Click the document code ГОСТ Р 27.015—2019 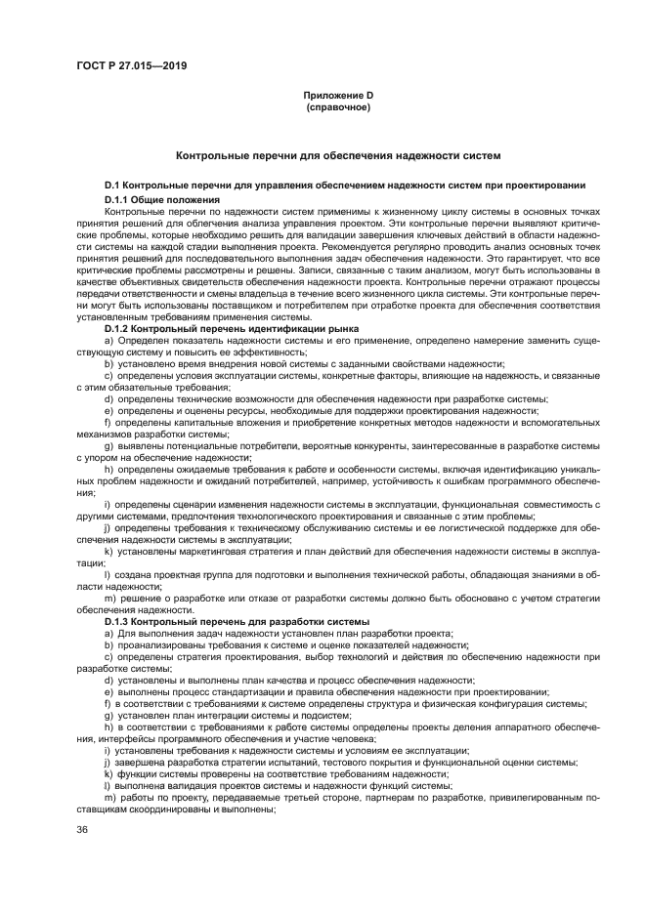click(131, 66)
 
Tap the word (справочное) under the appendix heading click(338, 106)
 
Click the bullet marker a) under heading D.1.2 click(108, 342)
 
